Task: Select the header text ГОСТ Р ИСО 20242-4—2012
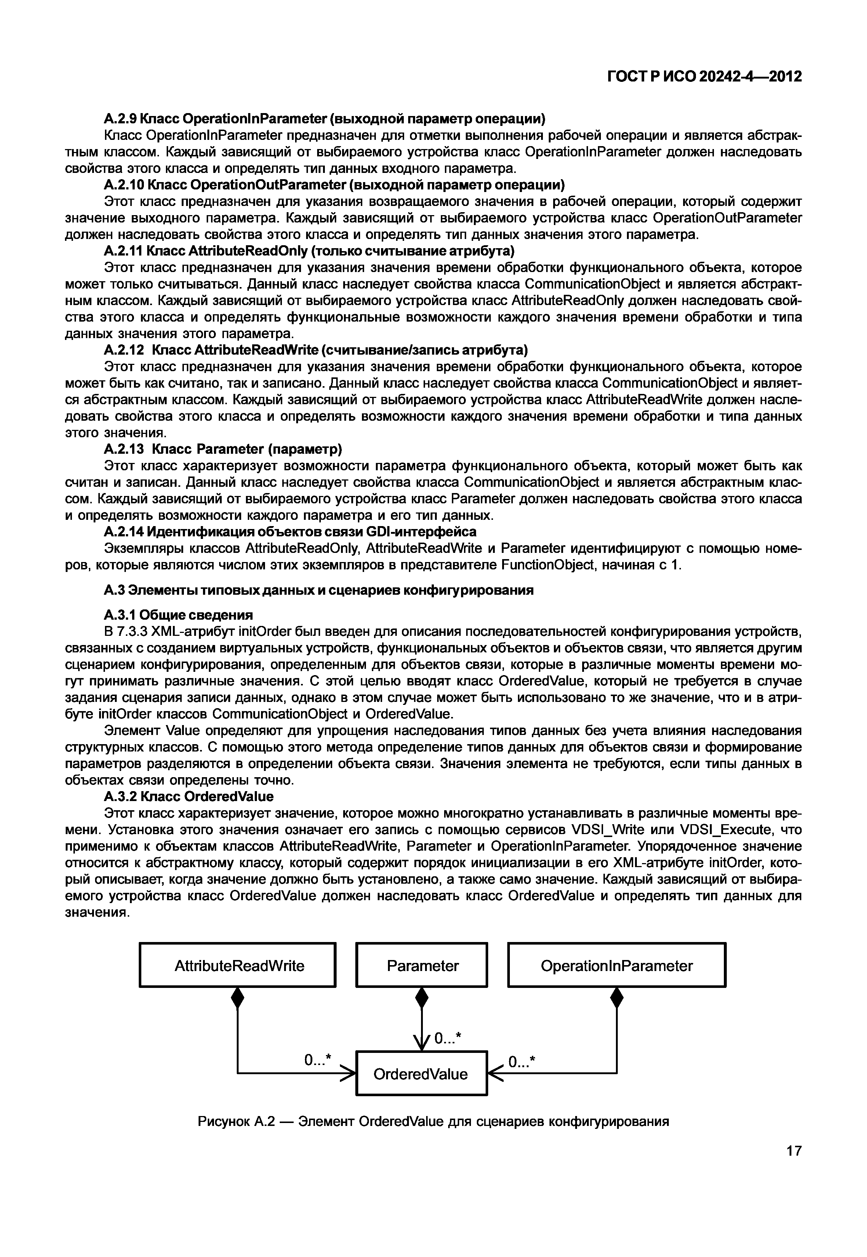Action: point(704,77)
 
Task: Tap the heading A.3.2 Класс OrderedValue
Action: point(189,796)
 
